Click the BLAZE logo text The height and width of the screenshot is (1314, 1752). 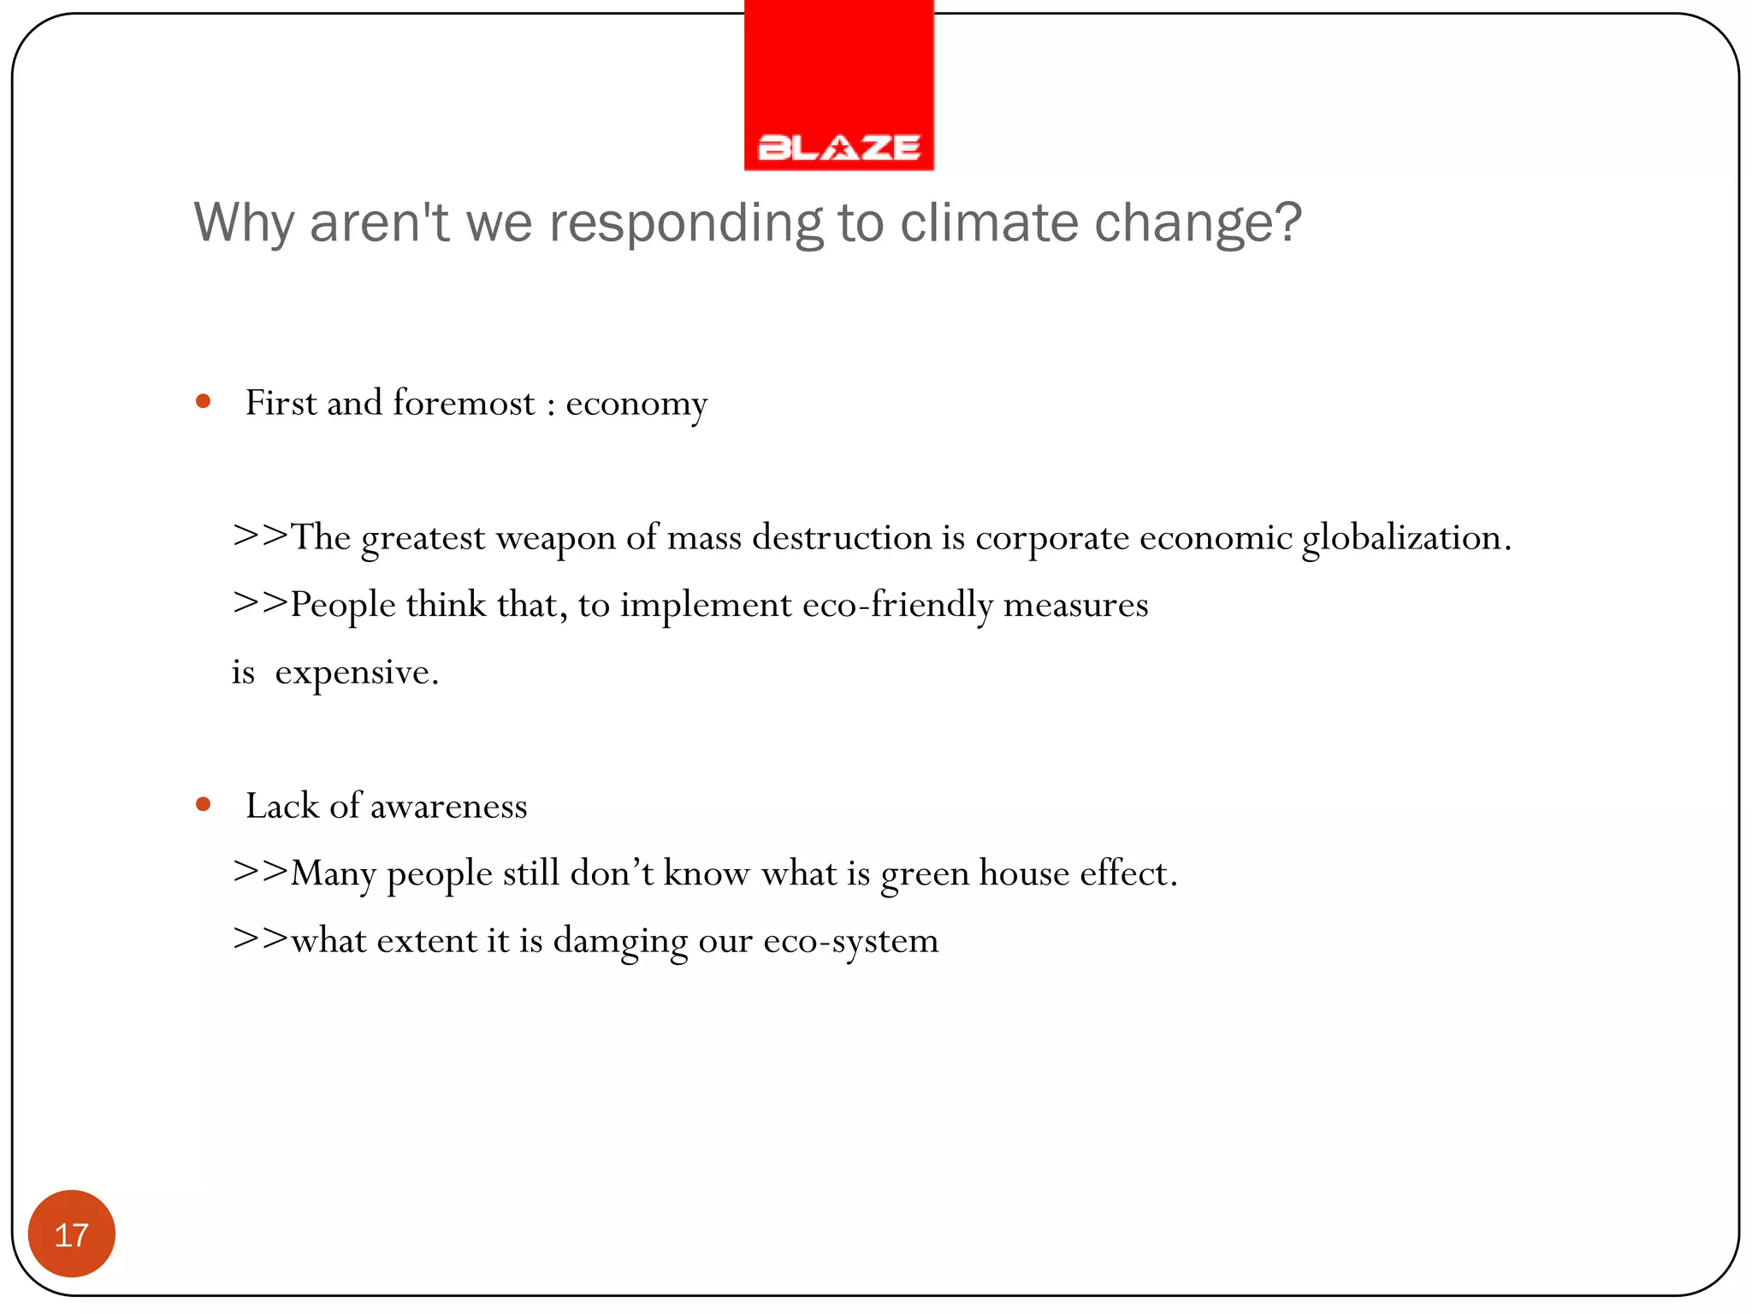point(839,148)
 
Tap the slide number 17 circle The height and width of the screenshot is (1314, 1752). point(72,1234)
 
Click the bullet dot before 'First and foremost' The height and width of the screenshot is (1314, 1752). point(203,401)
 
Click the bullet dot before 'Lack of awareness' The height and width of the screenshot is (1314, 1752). point(203,804)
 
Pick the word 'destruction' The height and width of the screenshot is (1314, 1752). point(842,537)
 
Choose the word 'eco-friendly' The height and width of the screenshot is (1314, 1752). point(897,605)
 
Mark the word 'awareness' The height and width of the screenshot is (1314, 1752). point(448,806)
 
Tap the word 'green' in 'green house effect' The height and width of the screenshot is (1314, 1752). point(925,874)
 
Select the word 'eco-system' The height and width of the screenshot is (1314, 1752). point(850,942)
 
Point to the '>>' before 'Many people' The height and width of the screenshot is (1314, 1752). point(260,872)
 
